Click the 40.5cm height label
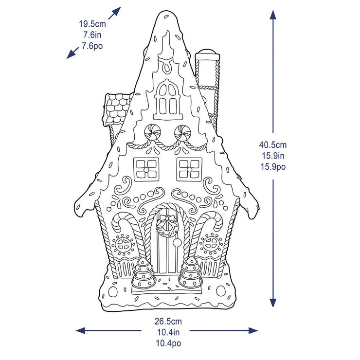273,145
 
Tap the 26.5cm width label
168,321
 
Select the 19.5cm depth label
92,24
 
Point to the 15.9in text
273,156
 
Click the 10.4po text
168,343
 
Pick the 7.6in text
92,35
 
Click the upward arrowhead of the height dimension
273,15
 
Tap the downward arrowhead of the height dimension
273,303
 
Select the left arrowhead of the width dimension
80,331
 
